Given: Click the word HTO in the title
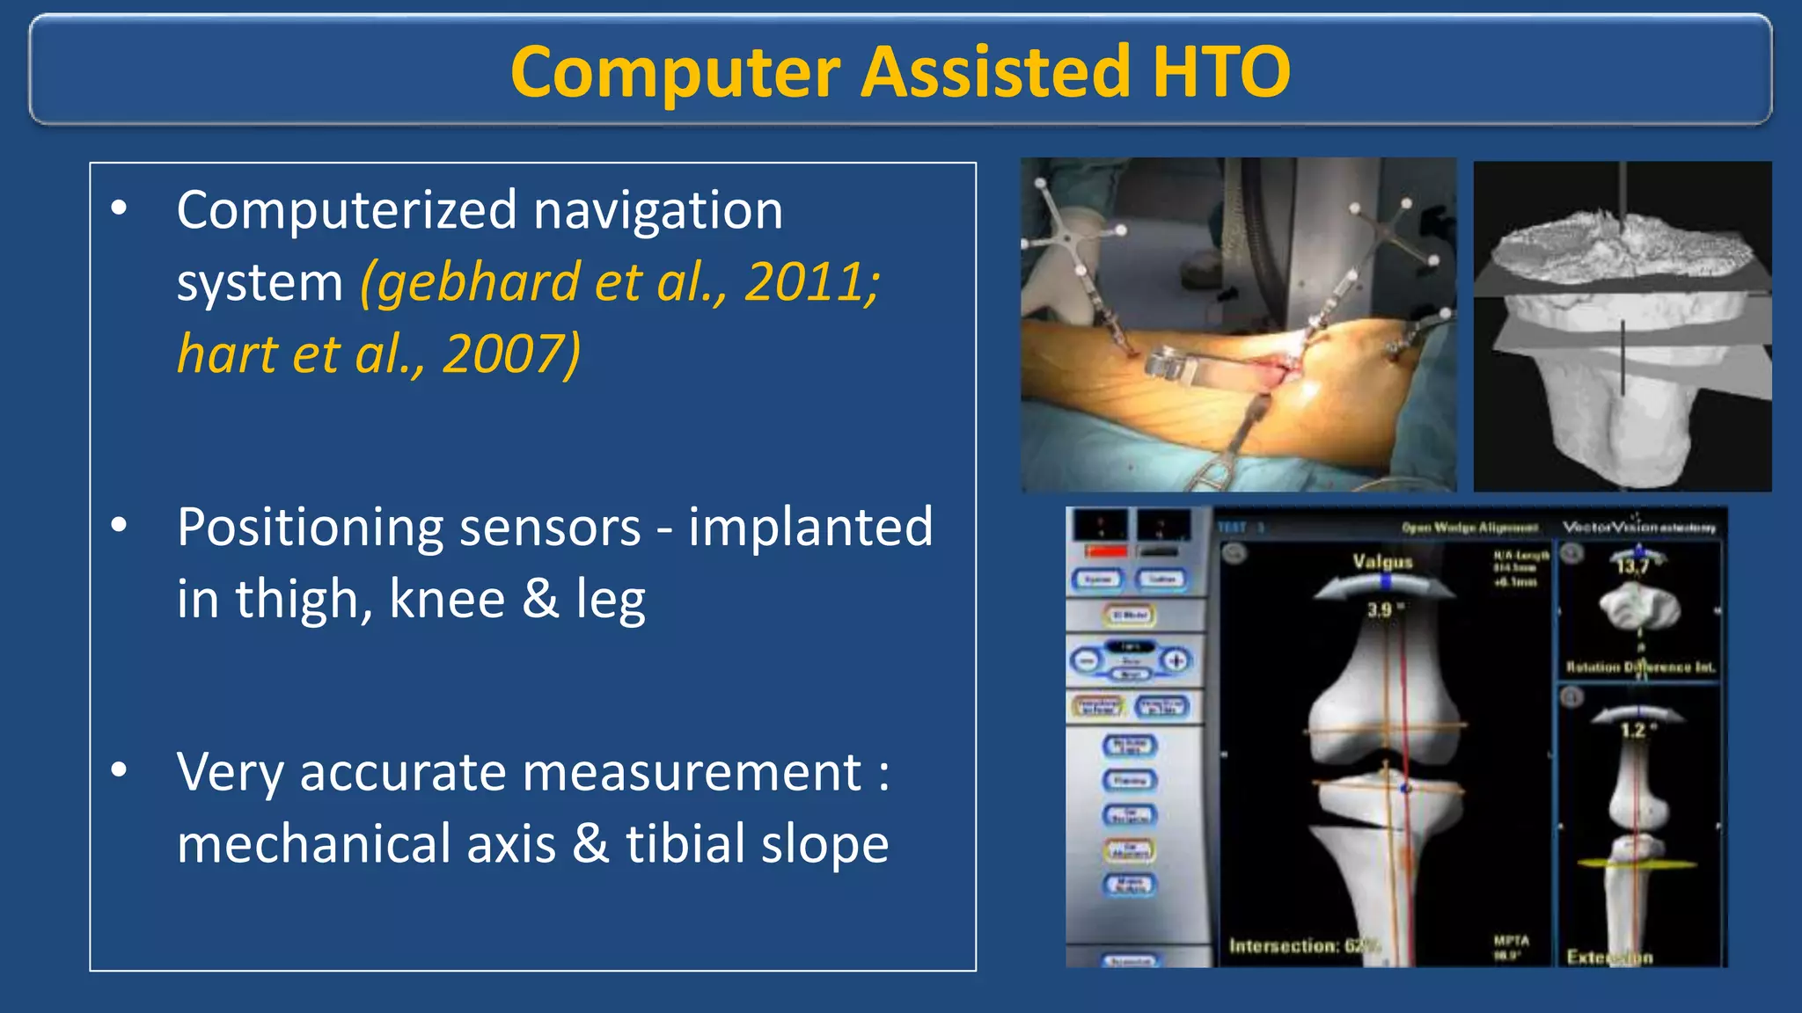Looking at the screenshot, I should pos(1221,72).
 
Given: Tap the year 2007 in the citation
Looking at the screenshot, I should pos(510,354).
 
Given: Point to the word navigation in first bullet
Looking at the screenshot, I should pos(657,211).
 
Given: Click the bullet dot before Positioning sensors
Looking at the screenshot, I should pos(120,526).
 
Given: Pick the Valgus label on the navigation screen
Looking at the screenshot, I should pos(1382,561).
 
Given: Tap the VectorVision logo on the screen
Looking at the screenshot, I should pos(1638,528).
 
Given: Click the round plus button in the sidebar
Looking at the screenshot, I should pos(1176,660).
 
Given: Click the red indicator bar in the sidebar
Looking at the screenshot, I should pos(1105,551).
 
